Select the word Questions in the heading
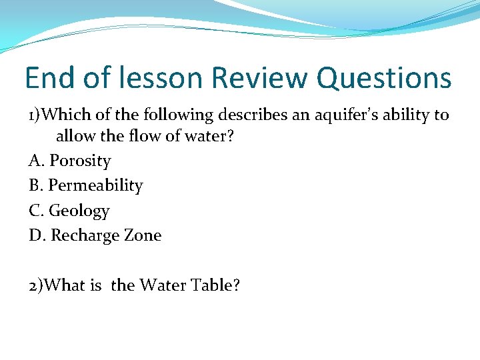(x=384, y=79)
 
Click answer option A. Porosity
(x=70, y=161)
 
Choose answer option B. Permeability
(x=86, y=185)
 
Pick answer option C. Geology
(x=69, y=211)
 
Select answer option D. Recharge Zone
(x=95, y=235)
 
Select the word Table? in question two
(x=215, y=285)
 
